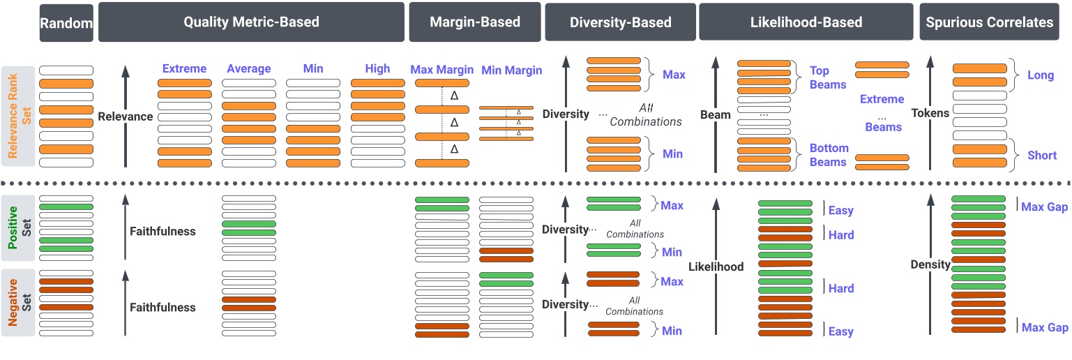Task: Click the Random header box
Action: [x=66, y=23]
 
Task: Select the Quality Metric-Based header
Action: [x=251, y=22]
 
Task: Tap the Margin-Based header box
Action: [x=474, y=22]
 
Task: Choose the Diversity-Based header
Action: [x=620, y=22]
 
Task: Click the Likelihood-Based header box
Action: [x=806, y=22]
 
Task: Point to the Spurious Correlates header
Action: [x=989, y=22]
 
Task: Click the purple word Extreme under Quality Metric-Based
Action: [x=184, y=68]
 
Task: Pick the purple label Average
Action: [x=248, y=68]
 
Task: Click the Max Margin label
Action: [x=441, y=70]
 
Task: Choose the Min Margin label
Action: [x=511, y=70]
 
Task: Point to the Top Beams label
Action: [x=829, y=77]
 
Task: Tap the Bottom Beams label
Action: [x=829, y=155]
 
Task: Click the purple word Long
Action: [x=1041, y=75]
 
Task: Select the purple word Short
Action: [x=1042, y=155]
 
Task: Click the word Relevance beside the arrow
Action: [x=126, y=117]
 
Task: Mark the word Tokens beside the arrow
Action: [x=930, y=113]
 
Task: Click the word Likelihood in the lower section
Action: [x=716, y=267]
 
